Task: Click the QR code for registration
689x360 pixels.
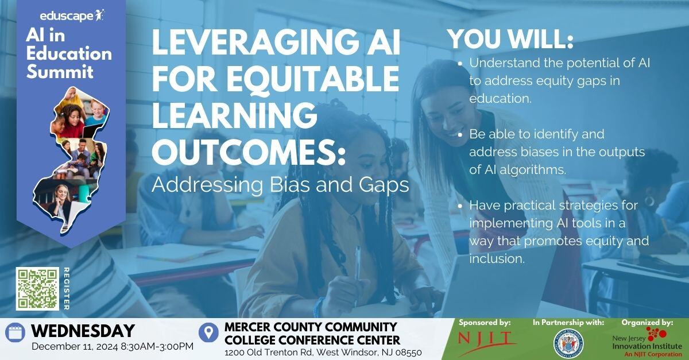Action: pos(37,288)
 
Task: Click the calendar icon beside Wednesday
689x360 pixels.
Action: pos(15,332)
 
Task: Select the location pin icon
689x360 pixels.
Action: pos(208,332)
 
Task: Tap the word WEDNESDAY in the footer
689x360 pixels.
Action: pos(83,331)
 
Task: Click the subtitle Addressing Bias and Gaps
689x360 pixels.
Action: pos(280,185)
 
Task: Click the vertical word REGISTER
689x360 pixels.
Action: pos(66,289)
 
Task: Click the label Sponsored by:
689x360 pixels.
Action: pos(485,323)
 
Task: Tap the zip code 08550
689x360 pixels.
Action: pos(406,352)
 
